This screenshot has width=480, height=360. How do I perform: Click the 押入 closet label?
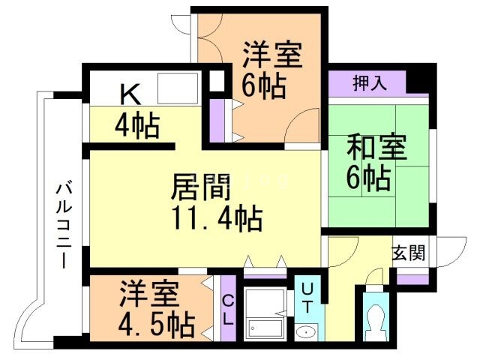click(370, 82)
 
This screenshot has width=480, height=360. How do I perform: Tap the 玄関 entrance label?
click(408, 253)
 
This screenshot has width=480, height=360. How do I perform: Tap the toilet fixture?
click(372, 321)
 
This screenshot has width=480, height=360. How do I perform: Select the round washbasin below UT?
click(306, 332)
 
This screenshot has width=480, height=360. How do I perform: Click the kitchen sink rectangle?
click(177, 88)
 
